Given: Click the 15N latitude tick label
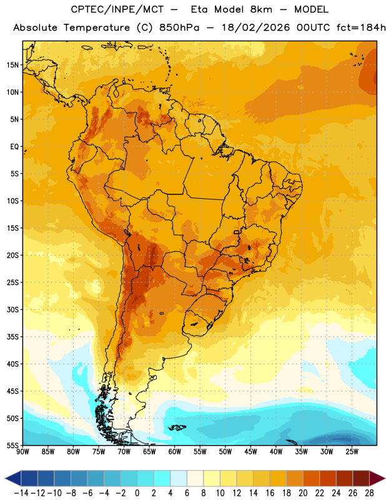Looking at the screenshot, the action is tap(12, 65).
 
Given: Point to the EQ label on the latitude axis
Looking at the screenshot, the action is tap(14, 147).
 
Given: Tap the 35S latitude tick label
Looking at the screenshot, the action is tap(12, 337).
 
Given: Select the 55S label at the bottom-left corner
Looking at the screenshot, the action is tap(12, 446).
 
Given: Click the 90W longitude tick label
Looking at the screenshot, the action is tap(22, 452).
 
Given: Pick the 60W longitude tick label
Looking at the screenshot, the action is tap(175, 452).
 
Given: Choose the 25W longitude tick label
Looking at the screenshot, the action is tap(352, 452).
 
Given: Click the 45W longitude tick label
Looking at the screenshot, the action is tap(250, 452).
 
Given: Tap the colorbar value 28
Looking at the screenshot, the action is tap(369, 493).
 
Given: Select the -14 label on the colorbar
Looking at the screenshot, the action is tap(21, 493).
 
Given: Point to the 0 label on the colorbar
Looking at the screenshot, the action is tap(137, 493).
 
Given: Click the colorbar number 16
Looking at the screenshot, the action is tap(270, 493).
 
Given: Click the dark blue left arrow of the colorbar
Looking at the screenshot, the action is tap(13, 478).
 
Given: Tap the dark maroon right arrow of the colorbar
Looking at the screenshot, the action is tap(377, 478).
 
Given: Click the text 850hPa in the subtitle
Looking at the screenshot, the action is tap(179, 27).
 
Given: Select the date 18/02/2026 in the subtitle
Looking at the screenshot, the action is tap(255, 27).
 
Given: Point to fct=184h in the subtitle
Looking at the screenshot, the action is tap(361, 27).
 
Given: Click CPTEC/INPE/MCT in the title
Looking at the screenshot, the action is tap(117, 9).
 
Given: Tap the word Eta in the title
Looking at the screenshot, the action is tap(199, 9).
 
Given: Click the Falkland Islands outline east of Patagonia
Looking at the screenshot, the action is tap(177, 427).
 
